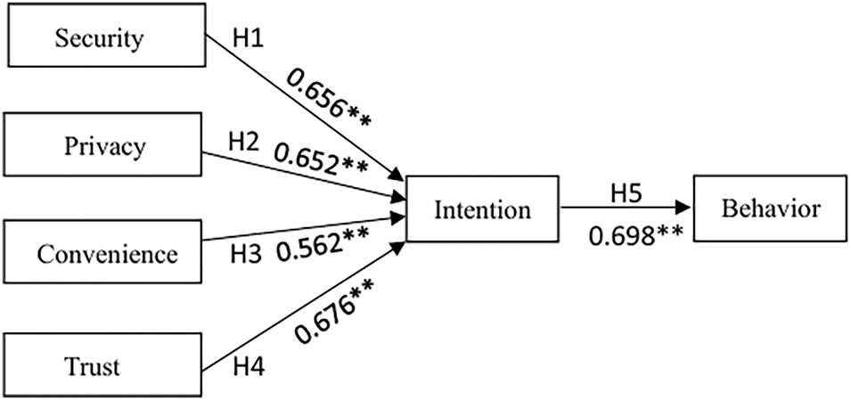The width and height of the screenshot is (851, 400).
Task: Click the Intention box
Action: (482, 210)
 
